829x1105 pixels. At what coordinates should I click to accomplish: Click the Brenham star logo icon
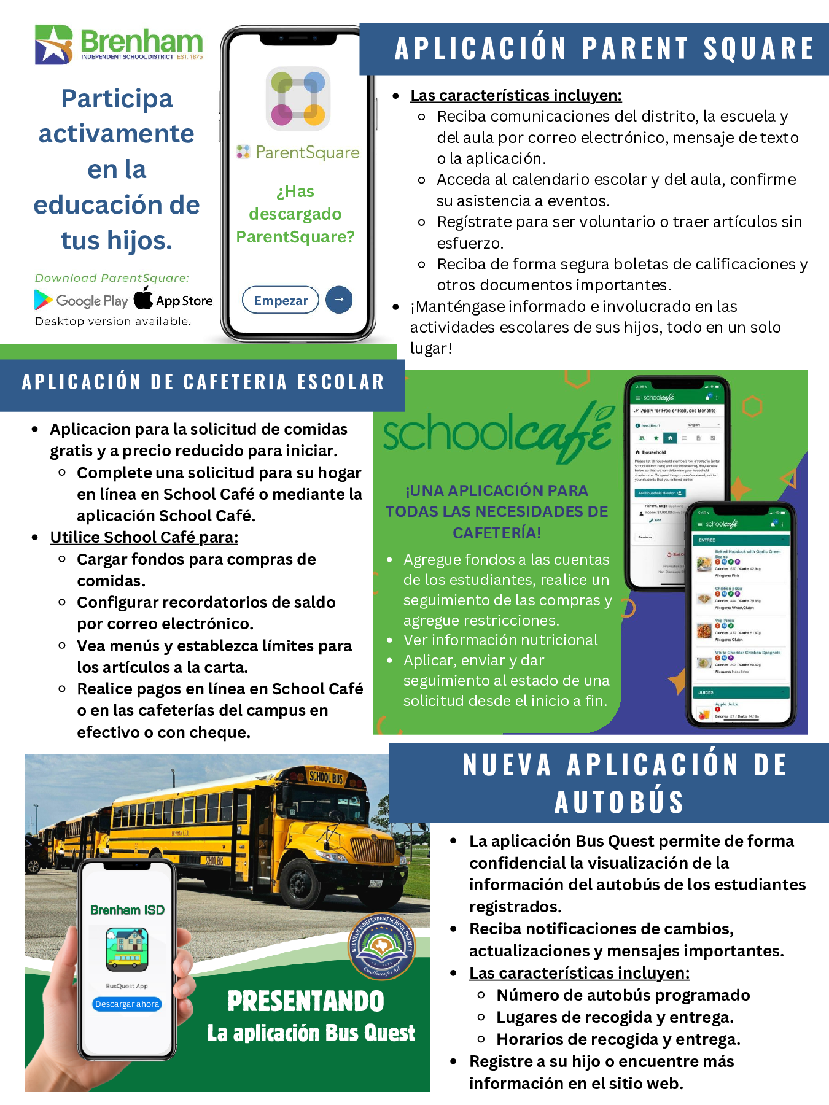pyautogui.click(x=54, y=44)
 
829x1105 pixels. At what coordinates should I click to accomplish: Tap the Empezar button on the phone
pyautogui.click(x=281, y=300)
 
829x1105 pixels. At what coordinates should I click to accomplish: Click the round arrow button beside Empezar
pyautogui.click(x=339, y=300)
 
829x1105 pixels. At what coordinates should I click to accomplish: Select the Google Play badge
pyautogui.click(x=81, y=300)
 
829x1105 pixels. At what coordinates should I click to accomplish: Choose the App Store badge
pyautogui.click(x=173, y=300)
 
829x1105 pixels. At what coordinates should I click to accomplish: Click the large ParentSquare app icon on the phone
pyautogui.click(x=298, y=99)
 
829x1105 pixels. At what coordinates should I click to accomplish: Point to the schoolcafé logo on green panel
pyautogui.click(x=497, y=432)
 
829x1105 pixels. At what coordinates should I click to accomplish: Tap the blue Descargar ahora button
pyautogui.click(x=127, y=1004)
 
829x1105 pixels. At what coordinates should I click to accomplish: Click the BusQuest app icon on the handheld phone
pyautogui.click(x=127, y=949)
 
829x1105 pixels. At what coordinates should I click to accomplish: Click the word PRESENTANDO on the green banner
pyautogui.click(x=306, y=1001)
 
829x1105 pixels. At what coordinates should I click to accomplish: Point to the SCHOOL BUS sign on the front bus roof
pyautogui.click(x=325, y=777)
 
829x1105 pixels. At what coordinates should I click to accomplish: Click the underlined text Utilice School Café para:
pyautogui.click(x=144, y=537)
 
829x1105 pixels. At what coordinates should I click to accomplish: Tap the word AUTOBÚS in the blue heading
pyautogui.click(x=619, y=802)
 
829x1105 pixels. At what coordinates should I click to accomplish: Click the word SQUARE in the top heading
pyautogui.click(x=758, y=49)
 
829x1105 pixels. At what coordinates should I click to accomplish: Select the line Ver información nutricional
pyautogui.click(x=500, y=640)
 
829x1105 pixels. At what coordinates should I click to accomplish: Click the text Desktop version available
pyautogui.click(x=113, y=321)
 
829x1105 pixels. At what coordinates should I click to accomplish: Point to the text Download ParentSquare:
pyautogui.click(x=112, y=278)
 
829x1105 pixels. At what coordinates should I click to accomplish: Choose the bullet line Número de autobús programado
pyautogui.click(x=623, y=995)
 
